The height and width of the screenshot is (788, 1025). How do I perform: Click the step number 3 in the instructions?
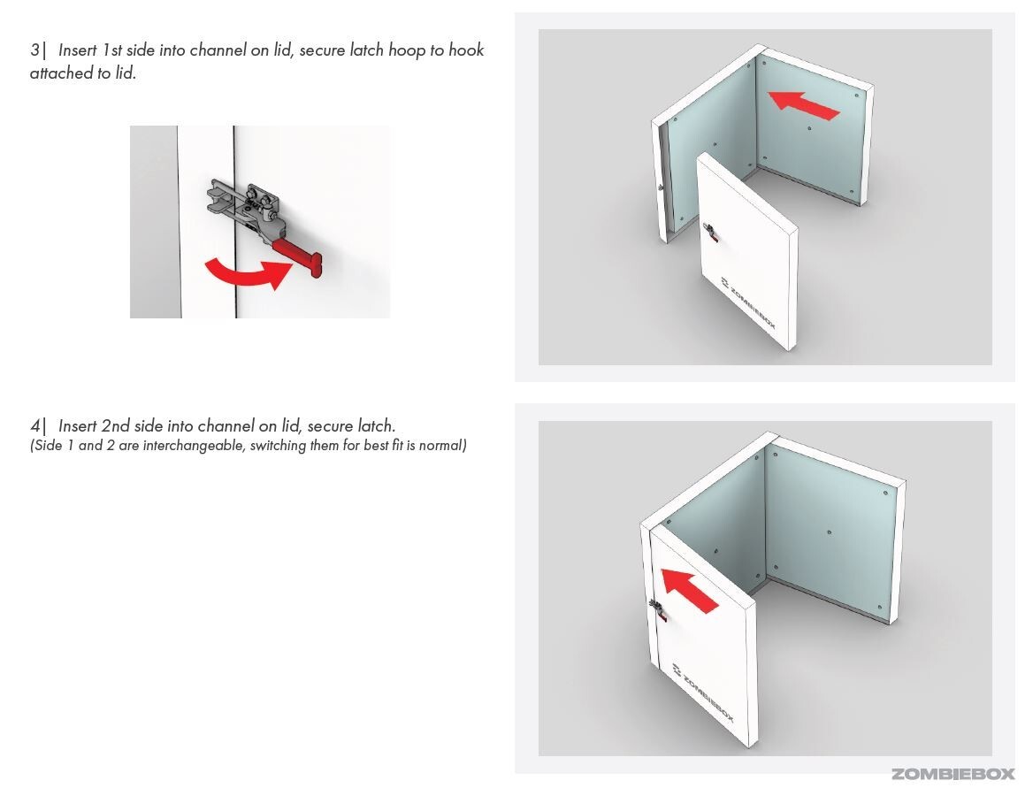34,50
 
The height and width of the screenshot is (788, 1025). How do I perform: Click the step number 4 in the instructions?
34,426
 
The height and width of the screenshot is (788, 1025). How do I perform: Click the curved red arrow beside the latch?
247,272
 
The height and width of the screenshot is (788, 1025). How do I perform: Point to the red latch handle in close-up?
296,254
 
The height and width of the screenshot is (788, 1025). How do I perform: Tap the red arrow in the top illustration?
803,103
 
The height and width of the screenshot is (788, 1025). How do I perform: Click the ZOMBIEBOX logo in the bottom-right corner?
952,774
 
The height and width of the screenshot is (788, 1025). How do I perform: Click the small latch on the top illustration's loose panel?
708,233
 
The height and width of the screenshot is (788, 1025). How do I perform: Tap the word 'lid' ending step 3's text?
126,73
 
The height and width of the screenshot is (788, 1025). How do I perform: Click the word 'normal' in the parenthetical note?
442,446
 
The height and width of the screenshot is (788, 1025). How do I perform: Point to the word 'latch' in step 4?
375,426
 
